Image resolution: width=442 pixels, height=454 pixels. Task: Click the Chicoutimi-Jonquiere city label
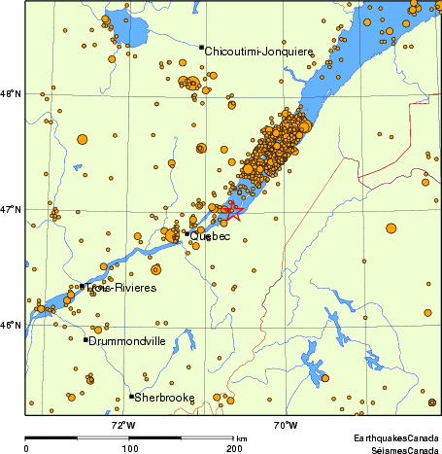point(259,51)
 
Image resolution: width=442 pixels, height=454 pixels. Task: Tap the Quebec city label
point(210,236)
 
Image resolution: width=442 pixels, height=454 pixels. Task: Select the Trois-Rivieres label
point(120,289)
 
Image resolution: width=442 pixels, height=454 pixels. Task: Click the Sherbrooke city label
point(165,398)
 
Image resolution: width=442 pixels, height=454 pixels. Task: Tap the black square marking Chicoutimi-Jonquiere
point(201,47)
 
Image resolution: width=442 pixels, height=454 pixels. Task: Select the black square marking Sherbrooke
point(131,396)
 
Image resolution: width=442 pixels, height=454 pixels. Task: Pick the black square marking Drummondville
point(85,339)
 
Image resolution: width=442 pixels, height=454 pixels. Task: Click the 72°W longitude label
point(123,425)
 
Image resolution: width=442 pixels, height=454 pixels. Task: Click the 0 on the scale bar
point(26,448)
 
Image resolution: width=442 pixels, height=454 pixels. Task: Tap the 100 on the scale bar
point(129,448)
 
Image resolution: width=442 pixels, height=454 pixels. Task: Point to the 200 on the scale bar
point(233,448)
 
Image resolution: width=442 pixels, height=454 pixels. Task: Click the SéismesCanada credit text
point(398,449)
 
